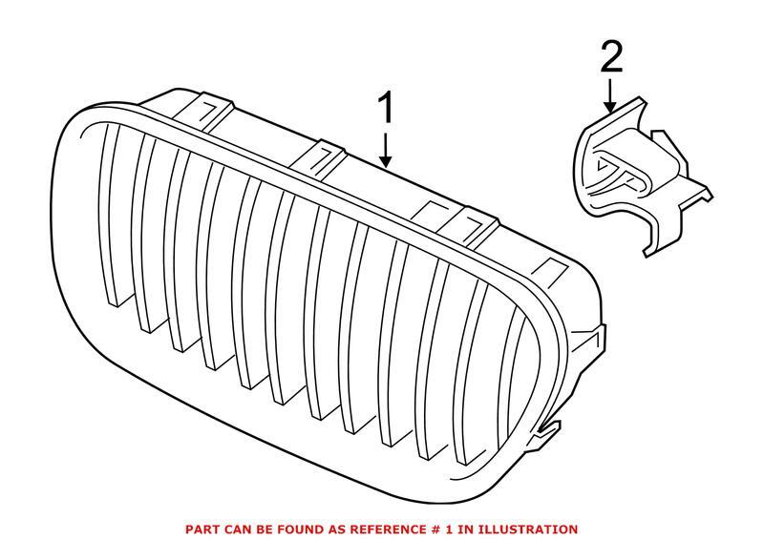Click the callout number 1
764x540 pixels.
(387, 109)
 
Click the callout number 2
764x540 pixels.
(611, 60)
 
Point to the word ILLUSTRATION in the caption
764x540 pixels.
(530, 528)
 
